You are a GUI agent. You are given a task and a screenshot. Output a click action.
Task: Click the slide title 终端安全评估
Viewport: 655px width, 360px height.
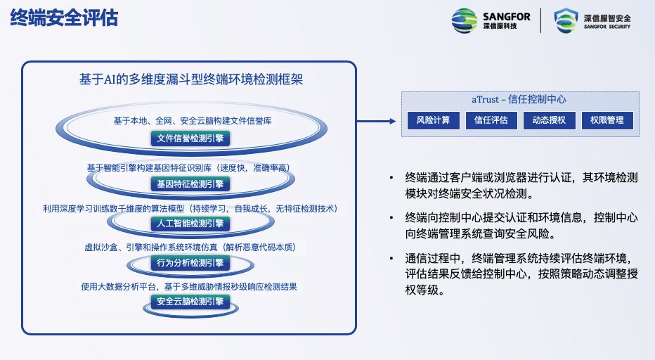(64, 18)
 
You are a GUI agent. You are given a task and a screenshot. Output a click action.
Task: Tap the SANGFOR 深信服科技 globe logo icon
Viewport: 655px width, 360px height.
(464, 20)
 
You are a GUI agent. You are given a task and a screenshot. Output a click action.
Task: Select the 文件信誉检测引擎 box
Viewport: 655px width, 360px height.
(190, 139)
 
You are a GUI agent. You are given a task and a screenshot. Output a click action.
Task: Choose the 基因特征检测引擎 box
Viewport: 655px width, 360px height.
(190, 184)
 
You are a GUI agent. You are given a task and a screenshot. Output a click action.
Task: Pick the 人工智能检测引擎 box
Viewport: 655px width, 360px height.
(190, 224)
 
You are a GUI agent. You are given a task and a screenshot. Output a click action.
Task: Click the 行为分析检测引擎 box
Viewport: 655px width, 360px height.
(190, 263)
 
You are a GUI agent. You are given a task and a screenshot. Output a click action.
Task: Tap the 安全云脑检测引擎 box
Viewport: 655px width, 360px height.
(190, 302)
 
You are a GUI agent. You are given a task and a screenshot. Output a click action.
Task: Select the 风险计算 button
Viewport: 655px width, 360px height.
(433, 120)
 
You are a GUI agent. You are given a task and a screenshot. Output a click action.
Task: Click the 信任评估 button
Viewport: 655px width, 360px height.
(491, 120)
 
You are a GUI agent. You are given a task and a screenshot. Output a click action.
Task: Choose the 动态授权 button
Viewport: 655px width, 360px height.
(549, 120)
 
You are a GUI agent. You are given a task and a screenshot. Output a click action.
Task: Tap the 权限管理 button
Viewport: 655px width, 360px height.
(607, 120)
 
